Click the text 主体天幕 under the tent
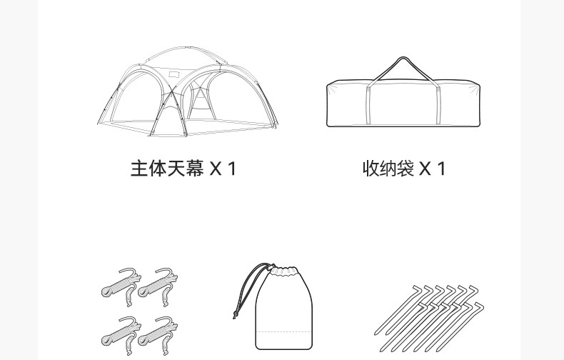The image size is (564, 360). click(166, 169)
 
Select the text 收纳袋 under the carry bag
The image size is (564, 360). click(388, 169)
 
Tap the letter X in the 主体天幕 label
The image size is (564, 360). click(216, 169)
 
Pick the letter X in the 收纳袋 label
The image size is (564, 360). click(425, 169)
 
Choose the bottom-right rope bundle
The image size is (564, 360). click(158, 331)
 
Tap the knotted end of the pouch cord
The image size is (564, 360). click(235, 314)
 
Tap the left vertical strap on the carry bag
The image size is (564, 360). click(369, 104)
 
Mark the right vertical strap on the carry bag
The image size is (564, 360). click(436, 104)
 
